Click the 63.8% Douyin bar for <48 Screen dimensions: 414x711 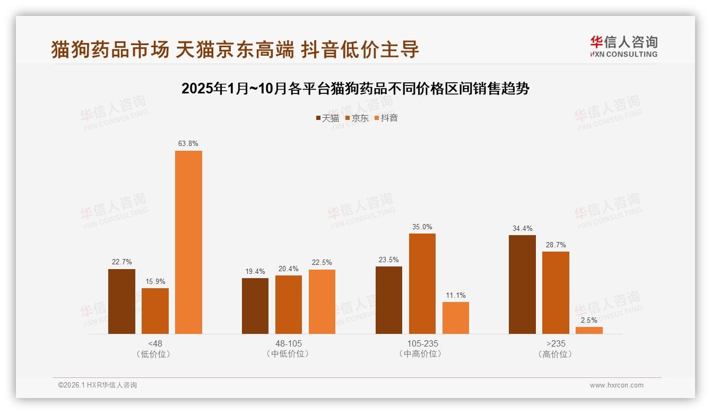tap(188, 242)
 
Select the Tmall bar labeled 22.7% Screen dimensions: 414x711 tap(122, 301)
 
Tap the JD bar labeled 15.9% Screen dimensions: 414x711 tap(155, 311)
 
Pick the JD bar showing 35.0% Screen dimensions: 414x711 tap(422, 283)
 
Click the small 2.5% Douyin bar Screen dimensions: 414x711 tap(589, 330)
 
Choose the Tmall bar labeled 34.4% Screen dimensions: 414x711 tap(522, 284)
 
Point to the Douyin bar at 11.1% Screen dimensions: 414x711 tap(455, 318)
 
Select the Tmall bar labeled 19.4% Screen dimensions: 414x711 tap(255, 306)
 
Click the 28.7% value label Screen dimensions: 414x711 tap(555, 245)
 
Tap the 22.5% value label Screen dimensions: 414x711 tap(322, 263)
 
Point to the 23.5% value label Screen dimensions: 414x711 tap(388, 260)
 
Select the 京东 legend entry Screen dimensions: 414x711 tap(357, 118)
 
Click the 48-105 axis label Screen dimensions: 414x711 tap(288, 344)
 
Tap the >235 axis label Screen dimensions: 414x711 tap(555, 344)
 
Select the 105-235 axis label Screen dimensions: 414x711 tap(422, 344)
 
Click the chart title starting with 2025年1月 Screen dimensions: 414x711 tap(355, 89)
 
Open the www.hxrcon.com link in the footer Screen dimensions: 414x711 tap(616, 385)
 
